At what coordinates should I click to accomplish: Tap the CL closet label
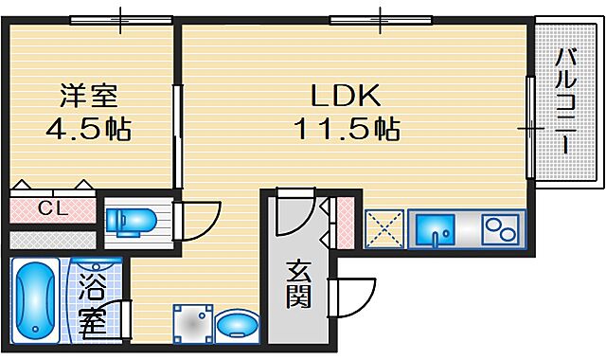click(x=53, y=207)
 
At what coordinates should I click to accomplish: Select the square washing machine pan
click(x=191, y=325)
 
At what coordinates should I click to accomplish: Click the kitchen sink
click(x=439, y=229)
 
